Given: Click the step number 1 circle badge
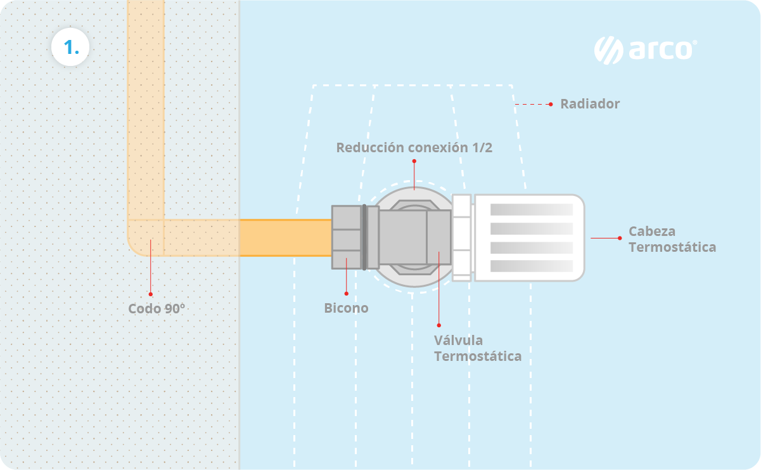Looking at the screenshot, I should pyautogui.click(x=70, y=47).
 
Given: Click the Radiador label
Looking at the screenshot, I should pyautogui.click(x=589, y=104).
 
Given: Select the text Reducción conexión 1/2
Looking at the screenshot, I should pyautogui.click(x=414, y=148).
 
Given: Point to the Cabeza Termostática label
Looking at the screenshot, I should pyautogui.click(x=672, y=239).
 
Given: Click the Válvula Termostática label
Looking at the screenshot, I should pyautogui.click(x=477, y=348).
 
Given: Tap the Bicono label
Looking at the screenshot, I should pyautogui.click(x=346, y=308).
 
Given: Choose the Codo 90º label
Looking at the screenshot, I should pyautogui.click(x=157, y=309).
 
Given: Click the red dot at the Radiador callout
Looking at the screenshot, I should pyautogui.click(x=551, y=104).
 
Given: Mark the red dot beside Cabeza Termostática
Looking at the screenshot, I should pyautogui.click(x=620, y=238).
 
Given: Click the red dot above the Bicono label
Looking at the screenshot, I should pyautogui.click(x=347, y=293).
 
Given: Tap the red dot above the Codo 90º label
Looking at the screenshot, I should pyautogui.click(x=151, y=294).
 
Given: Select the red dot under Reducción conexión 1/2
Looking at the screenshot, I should pyautogui.click(x=414, y=161).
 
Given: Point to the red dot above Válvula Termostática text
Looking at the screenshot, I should pyautogui.click(x=438, y=325).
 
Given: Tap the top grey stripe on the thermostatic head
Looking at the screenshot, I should pyautogui.click(x=531, y=209).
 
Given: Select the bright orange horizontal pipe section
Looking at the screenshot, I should pyautogui.click(x=285, y=238).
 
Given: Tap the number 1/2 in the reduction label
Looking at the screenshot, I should pyautogui.click(x=482, y=148).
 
